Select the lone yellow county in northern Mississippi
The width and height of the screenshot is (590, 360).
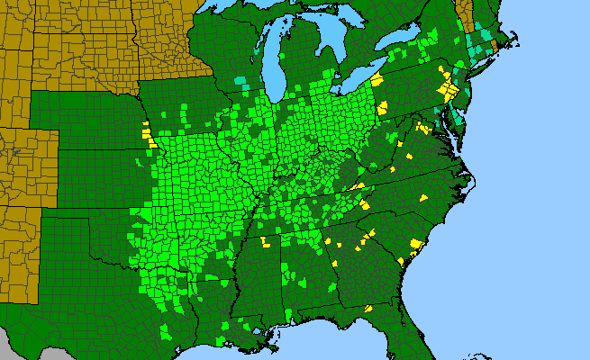click(x=265, y=242)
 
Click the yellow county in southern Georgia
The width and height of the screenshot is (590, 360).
click(x=368, y=309)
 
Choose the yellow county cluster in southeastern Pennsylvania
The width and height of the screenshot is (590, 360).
click(x=444, y=90)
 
